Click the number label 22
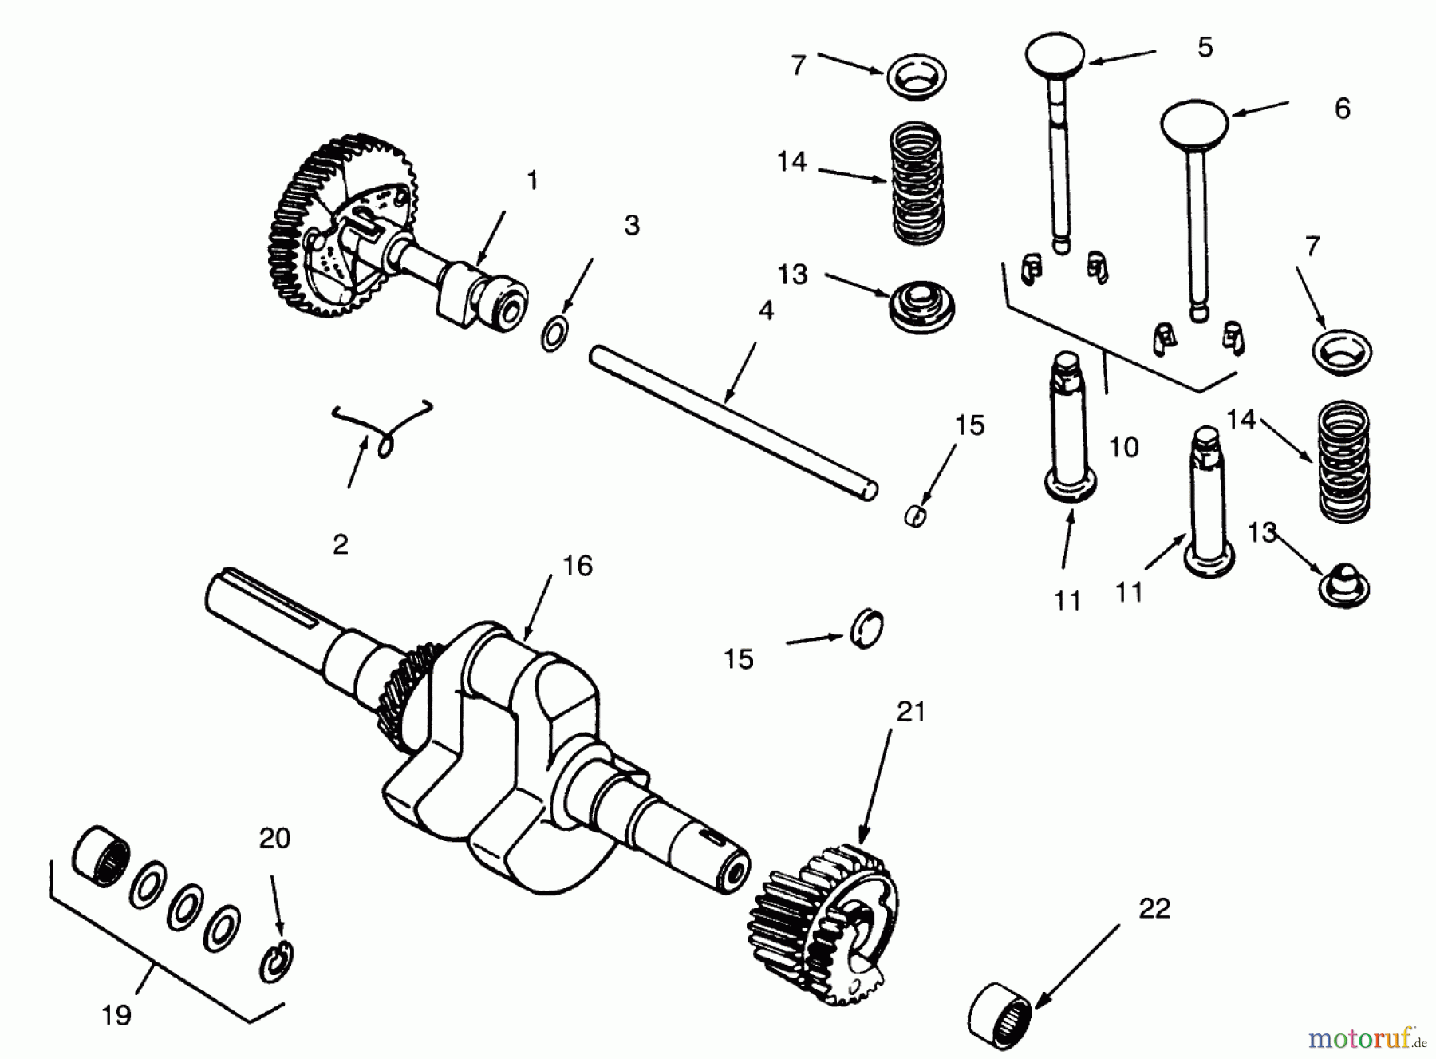click(x=1154, y=908)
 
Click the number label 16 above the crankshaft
click(x=578, y=566)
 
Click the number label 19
click(x=116, y=1015)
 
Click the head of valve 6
click(x=1193, y=121)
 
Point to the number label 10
click(x=1123, y=448)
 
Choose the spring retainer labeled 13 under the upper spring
click(x=921, y=306)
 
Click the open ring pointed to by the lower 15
click(x=866, y=628)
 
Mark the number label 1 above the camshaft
click(x=532, y=180)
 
